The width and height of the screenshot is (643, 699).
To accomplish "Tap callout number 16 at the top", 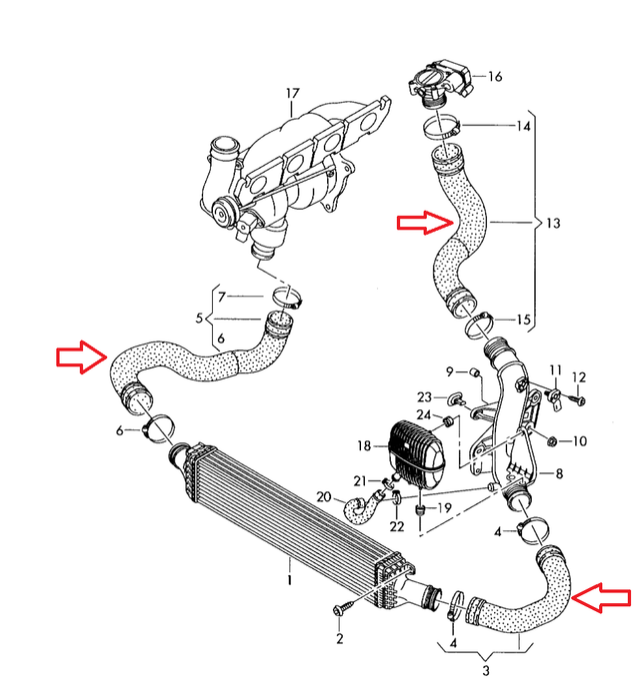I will coord(494,76).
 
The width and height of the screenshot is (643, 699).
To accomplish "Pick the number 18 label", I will coord(365,445).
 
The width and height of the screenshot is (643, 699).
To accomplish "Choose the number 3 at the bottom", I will coord(487,670).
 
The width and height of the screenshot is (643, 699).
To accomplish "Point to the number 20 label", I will coord(324,497).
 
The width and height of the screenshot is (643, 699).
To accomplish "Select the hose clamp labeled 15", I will coord(477,321).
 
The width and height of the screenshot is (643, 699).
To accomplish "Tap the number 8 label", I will coord(559,475).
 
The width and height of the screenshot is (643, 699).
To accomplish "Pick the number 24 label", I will coord(424,415).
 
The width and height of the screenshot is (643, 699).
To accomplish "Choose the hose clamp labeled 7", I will coord(286,296).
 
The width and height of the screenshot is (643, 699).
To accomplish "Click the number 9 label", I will coord(450,371).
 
